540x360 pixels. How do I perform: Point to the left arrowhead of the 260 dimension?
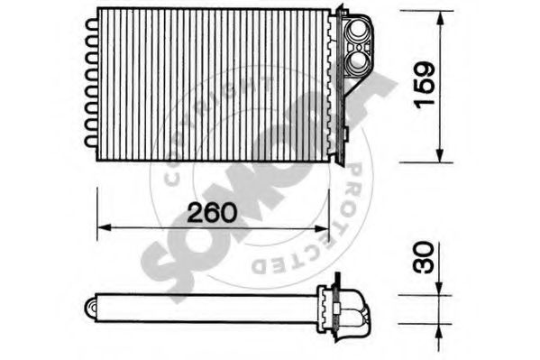click(101, 226)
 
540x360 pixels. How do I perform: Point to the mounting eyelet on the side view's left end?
click(92, 307)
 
